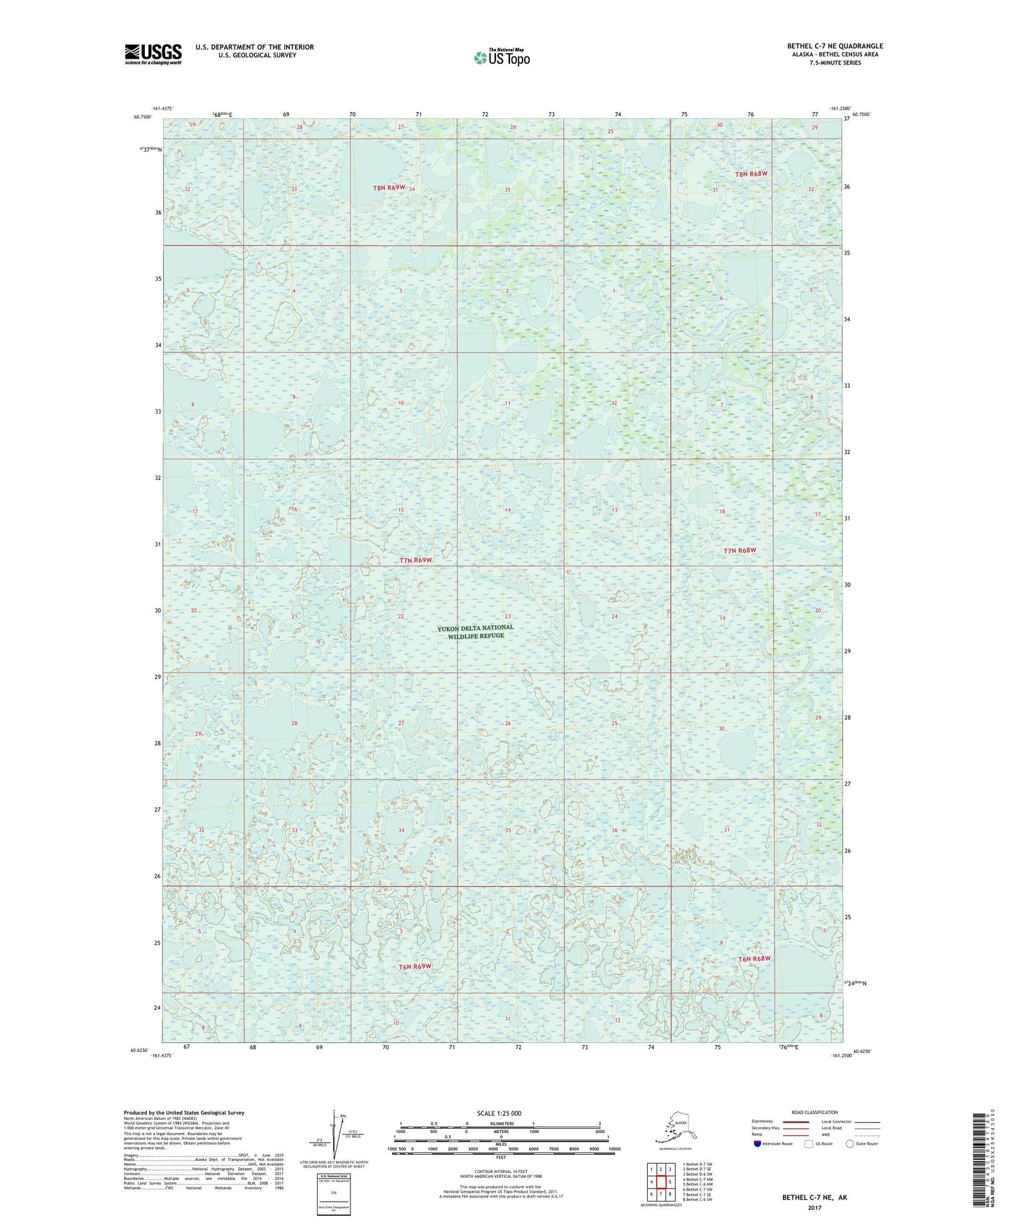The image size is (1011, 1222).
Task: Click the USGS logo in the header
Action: coord(153,54)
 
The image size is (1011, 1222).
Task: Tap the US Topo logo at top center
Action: coord(501,57)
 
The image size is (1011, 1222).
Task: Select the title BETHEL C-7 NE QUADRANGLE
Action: coord(835,46)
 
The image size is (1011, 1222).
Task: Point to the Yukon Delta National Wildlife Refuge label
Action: coord(475,631)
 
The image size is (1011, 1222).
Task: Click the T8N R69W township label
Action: coord(389,188)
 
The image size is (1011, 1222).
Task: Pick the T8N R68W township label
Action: coord(751,174)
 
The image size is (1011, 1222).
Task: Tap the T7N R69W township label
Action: coord(416,560)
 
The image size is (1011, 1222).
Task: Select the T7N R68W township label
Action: coord(740,550)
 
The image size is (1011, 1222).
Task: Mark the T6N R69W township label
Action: coord(415,967)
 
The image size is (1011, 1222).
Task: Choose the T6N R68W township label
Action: coord(754,958)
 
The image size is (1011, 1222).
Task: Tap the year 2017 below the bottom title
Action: coord(814,1207)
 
